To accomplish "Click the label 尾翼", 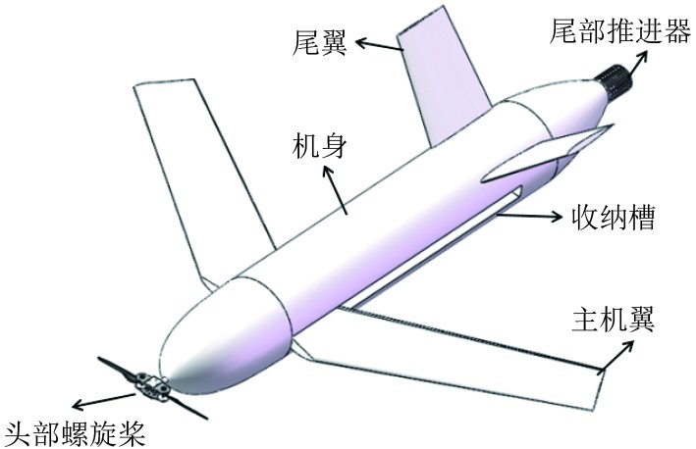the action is [x=322, y=41].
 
